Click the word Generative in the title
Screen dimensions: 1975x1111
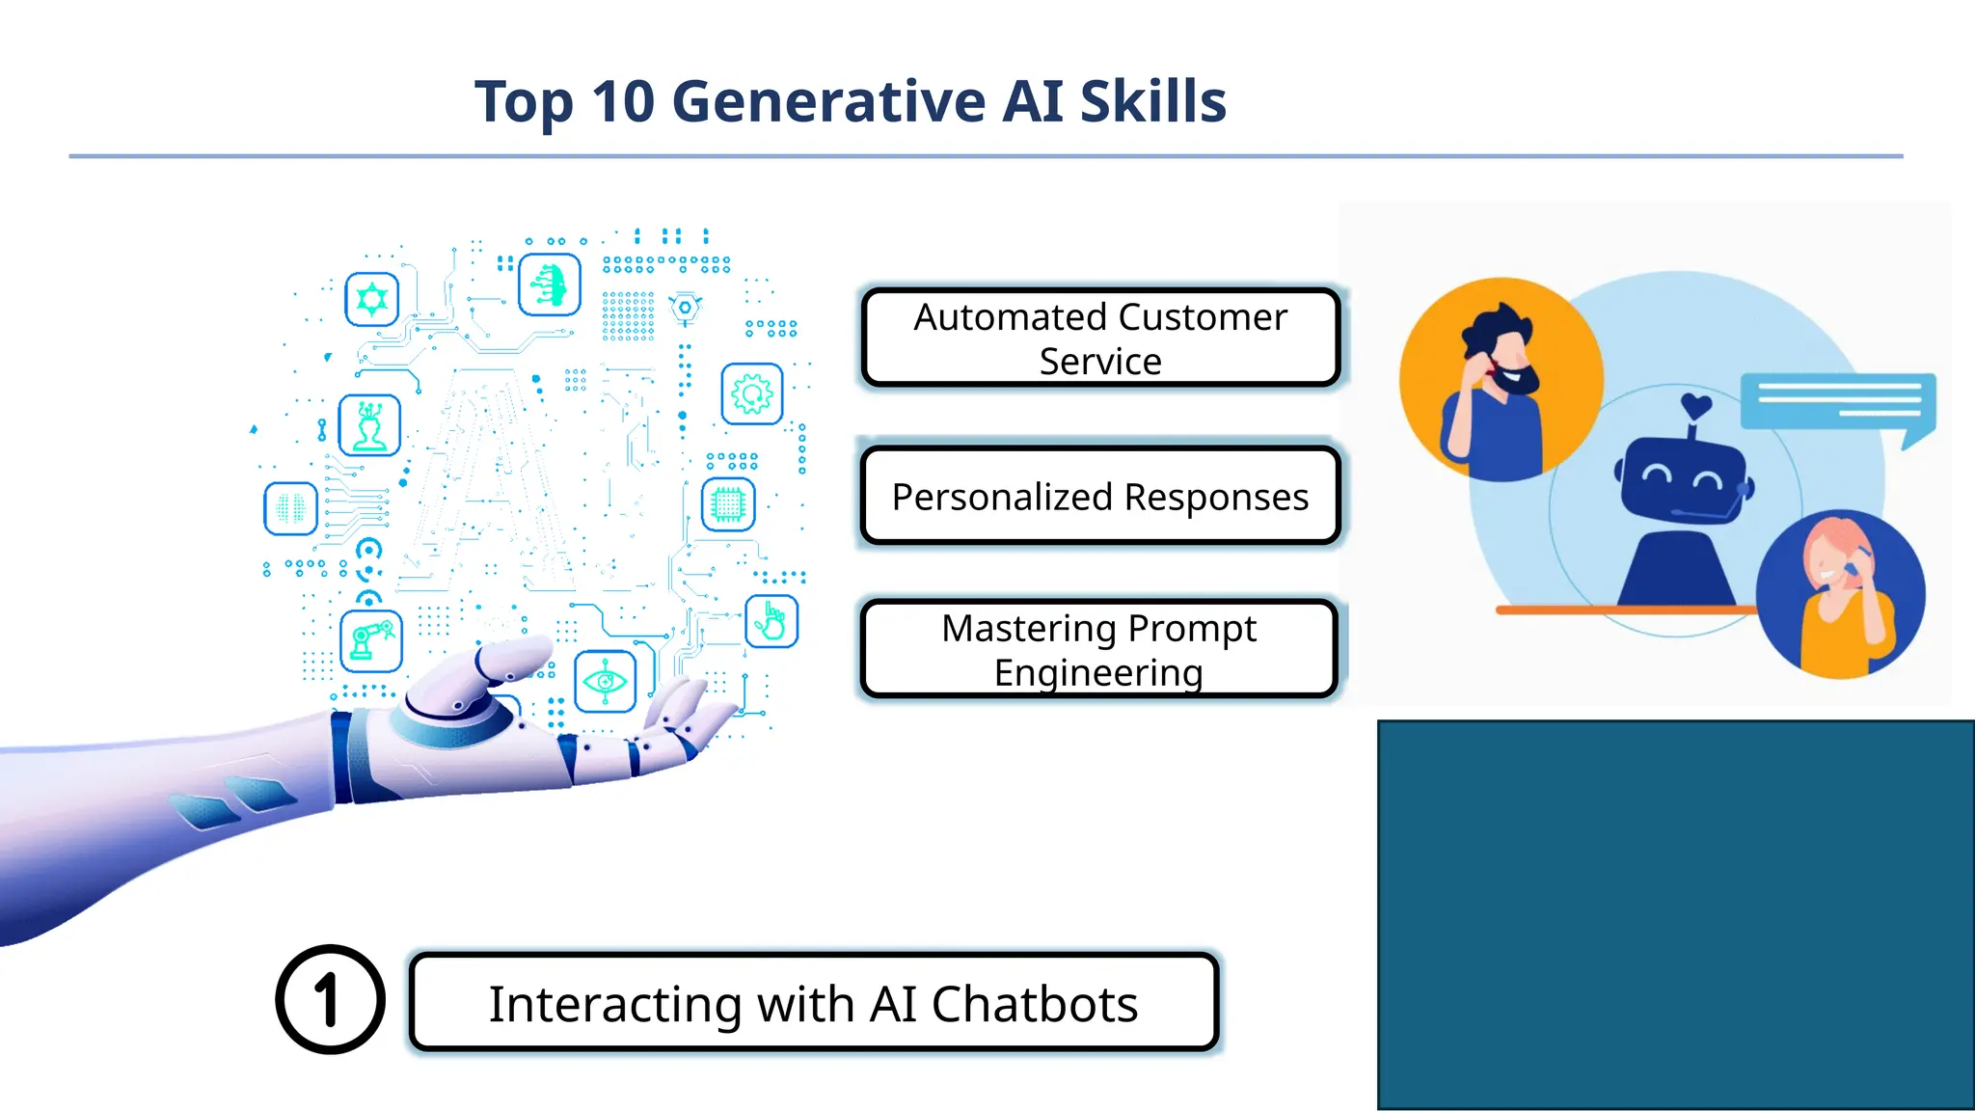click(829, 101)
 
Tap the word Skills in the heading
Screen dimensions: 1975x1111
click(1152, 101)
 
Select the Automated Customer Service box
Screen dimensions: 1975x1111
click(1100, 339)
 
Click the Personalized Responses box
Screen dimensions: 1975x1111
click(1100, 497)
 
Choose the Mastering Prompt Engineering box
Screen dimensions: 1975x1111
click(1099, 649)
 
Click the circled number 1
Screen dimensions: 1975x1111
click(330, 999)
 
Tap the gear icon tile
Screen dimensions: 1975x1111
click(752, 393)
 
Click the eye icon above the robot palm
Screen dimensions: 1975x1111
click(605, 682)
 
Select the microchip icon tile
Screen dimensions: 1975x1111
click(728, 503)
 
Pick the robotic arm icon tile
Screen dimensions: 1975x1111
click(371, 641)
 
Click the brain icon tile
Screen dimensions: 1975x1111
click(290, 508)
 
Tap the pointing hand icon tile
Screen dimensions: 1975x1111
click(771, 621)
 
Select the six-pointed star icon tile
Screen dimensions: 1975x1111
click(372, 299)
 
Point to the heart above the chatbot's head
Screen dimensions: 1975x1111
click(1696, 405)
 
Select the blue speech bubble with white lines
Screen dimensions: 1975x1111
click(1837, 401)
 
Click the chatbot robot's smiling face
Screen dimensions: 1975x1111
click(1683, 477)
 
